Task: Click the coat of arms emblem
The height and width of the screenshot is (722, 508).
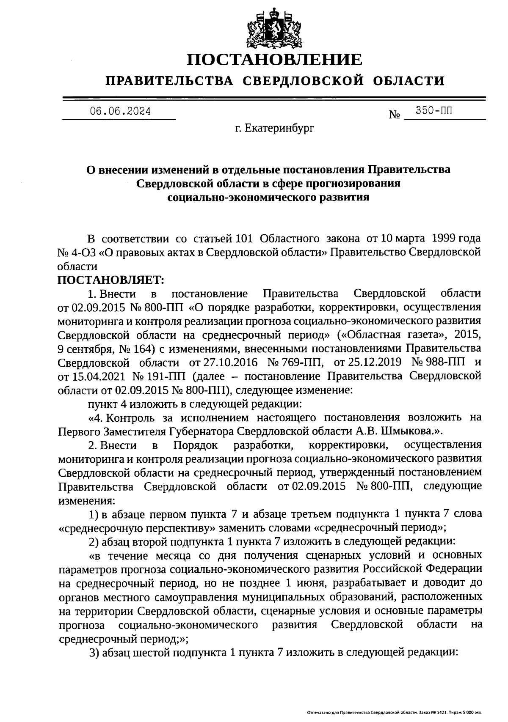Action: pos(275,27)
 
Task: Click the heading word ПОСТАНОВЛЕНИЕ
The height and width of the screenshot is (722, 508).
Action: pos(275,60)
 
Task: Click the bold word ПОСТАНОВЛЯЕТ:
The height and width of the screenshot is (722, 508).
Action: pos(110,280)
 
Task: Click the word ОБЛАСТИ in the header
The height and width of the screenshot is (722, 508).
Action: pos(409,81)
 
